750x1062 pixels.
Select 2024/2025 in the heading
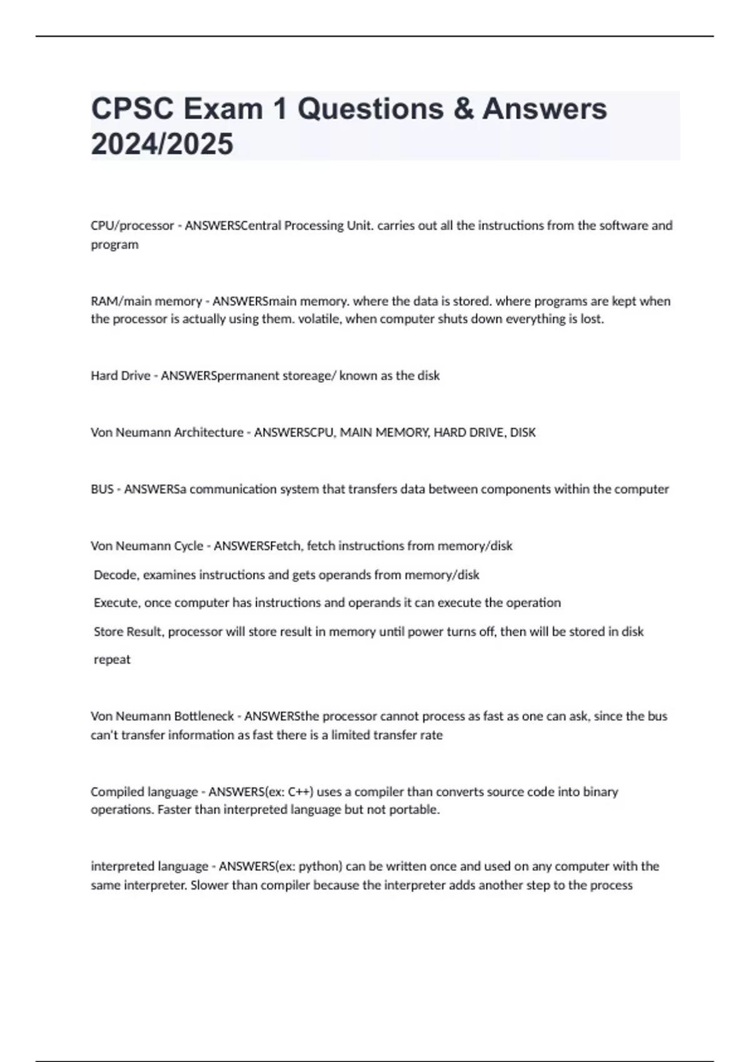[162, 144]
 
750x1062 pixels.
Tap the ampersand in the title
[462, 109]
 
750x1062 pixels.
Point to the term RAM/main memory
[146, 301]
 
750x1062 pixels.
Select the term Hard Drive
[121, 375]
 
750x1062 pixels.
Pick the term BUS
[102, 489]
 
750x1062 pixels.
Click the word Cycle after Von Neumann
[188, 546]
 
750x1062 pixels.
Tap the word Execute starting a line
[117, 603]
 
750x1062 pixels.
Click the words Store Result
[129, 632]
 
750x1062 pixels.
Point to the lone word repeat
[112, 660]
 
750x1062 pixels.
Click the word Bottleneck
[204, 717]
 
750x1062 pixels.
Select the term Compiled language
[144, 792]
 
